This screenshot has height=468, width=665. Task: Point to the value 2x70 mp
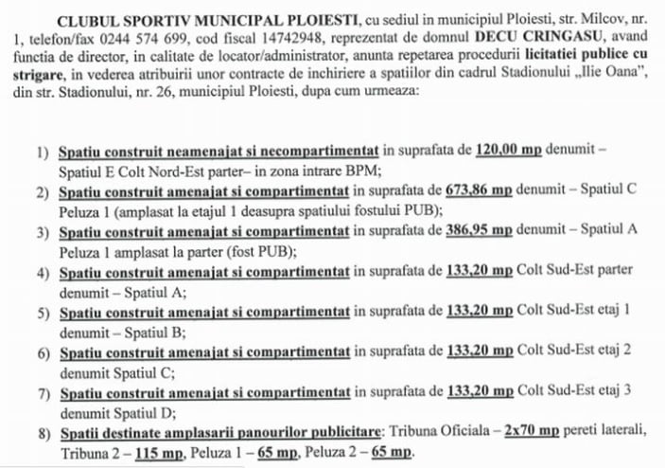coord(534,431)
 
